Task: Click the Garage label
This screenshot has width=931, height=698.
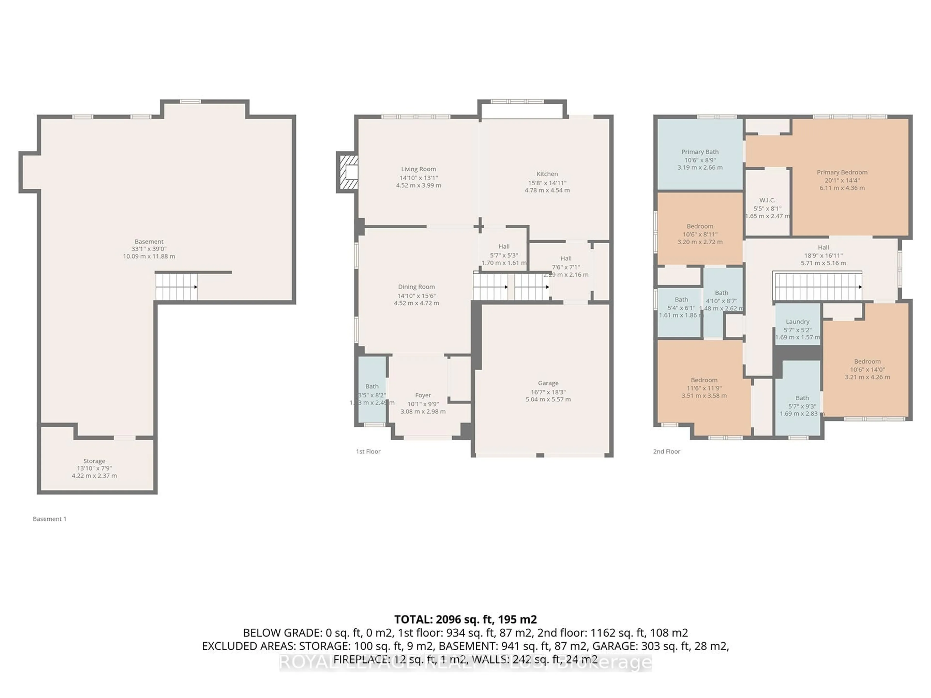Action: click(548, 383)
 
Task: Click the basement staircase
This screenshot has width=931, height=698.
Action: click(176, 286)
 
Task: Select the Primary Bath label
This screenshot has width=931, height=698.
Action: click(700, 152)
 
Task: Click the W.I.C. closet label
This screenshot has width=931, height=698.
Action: click(767, 200)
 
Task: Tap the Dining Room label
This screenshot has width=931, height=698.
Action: click(416, 287)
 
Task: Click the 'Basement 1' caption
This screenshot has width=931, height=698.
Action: click(50, 519)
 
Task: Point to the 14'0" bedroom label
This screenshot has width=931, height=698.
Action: click(867, 361)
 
